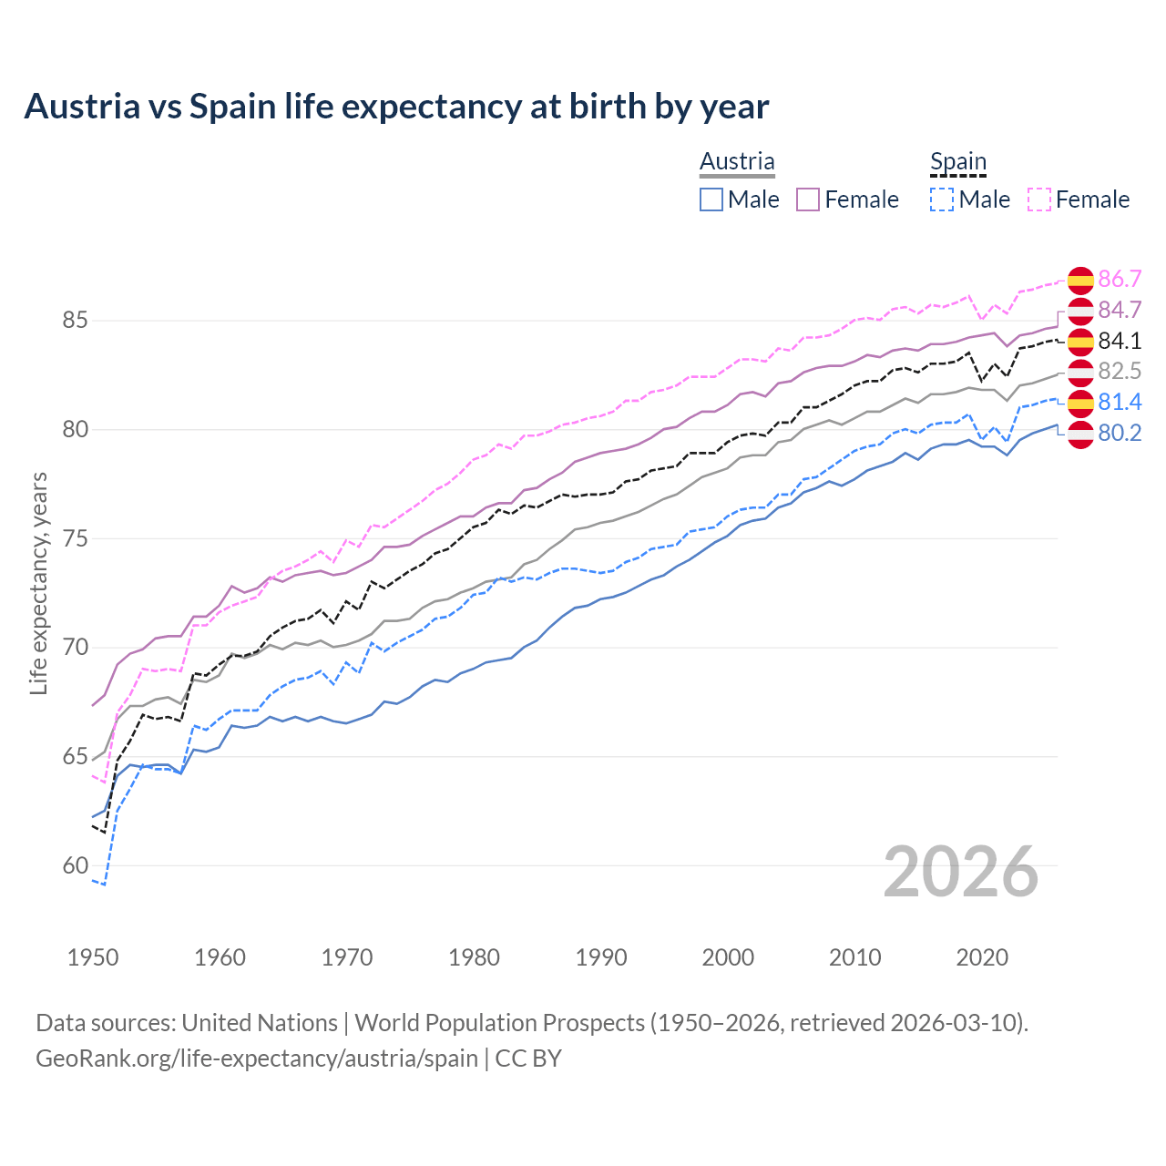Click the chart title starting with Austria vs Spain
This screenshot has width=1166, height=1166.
click(396, 107)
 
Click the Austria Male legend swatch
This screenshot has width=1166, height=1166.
click(711, 199)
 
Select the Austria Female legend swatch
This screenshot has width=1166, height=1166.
click(808, 199)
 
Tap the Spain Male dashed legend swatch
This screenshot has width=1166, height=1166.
click(942, 199)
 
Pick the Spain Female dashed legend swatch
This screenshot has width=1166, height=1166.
click(1039, 199)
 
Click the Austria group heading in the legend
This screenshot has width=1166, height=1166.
click(737, 161)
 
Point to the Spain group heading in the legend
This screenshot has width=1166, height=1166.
click(958, 161)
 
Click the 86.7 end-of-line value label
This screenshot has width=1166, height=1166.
click(1120, 280)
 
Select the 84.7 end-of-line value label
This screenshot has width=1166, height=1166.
click(1120, 311)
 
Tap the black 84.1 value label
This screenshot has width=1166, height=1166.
click(1120, 341)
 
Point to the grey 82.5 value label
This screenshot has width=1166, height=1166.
click(1120, 372)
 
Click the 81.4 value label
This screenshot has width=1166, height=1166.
click(1120, 403)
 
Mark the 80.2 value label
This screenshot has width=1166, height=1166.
click(1120, 434)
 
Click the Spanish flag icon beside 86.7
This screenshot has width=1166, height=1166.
click(1080, 280)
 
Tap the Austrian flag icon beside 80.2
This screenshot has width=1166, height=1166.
click(1080, 434)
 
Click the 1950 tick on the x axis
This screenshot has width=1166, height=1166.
click(93, 957)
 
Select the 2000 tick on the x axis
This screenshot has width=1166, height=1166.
click(728, 957)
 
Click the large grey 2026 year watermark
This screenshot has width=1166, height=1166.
click(960, 872)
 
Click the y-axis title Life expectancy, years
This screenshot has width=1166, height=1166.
click(38, 583)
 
